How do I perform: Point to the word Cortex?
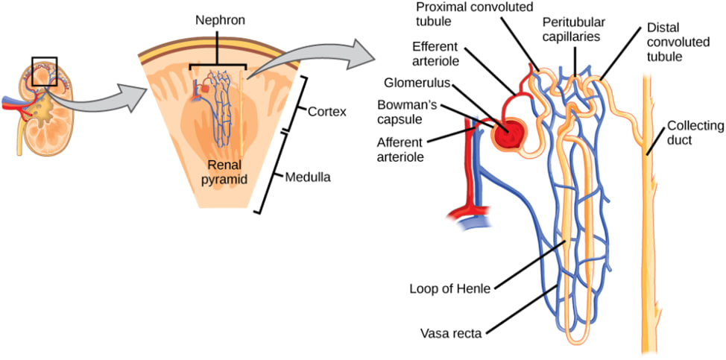[x=328, y=112]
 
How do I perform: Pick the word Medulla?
[x=307, y=177]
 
